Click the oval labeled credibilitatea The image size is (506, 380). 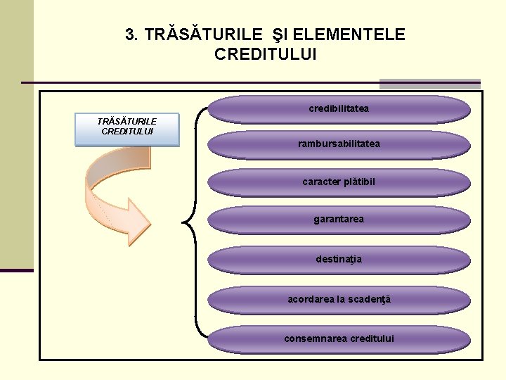point(339,109)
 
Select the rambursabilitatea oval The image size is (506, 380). point(339,144)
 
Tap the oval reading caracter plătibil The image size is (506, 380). point(339,182)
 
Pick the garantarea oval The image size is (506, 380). point(339,220)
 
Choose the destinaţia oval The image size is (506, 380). point(339,259)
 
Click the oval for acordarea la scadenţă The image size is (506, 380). point(339,300)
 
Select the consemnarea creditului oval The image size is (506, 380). point(339,338)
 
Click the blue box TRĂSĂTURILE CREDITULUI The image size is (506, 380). point(127,129)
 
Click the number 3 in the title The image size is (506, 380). point(129,34)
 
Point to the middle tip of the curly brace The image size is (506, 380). point(185,224)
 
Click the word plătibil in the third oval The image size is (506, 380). point(360,182)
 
